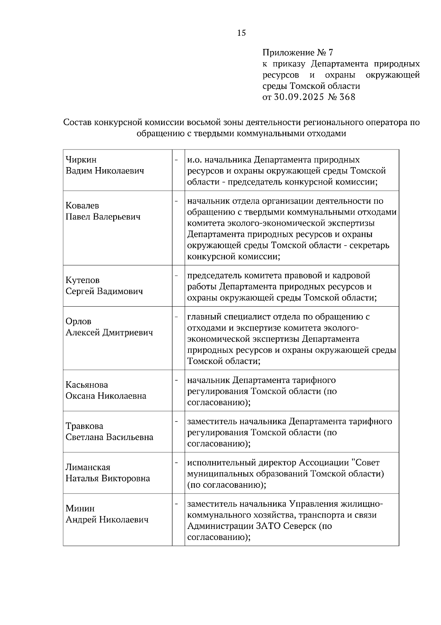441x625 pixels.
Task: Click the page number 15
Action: (241, 33)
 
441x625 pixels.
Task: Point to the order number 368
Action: (348, 97)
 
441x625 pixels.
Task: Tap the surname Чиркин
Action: (81, 160)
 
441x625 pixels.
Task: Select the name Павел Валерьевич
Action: (103, 217)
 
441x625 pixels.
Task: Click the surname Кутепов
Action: (83, 280)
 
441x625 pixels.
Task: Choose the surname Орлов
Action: (78, 322)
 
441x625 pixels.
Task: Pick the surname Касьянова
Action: (87, 385)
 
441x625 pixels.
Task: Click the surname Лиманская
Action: (88, 467)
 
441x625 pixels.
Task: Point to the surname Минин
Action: (80, 509)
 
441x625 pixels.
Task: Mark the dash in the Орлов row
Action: (177, 317)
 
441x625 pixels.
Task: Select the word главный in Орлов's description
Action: (204, 317)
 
